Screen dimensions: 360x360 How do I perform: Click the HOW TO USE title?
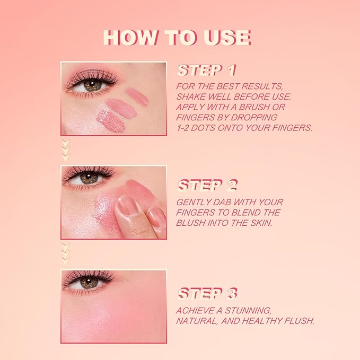coord(177,38)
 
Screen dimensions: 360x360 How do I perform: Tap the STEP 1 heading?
coord(207,71)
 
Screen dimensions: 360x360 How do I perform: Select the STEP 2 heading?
coord(207,185)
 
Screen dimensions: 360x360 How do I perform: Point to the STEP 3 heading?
coord(207,294)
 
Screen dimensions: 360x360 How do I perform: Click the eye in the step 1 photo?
coord(92,85)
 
